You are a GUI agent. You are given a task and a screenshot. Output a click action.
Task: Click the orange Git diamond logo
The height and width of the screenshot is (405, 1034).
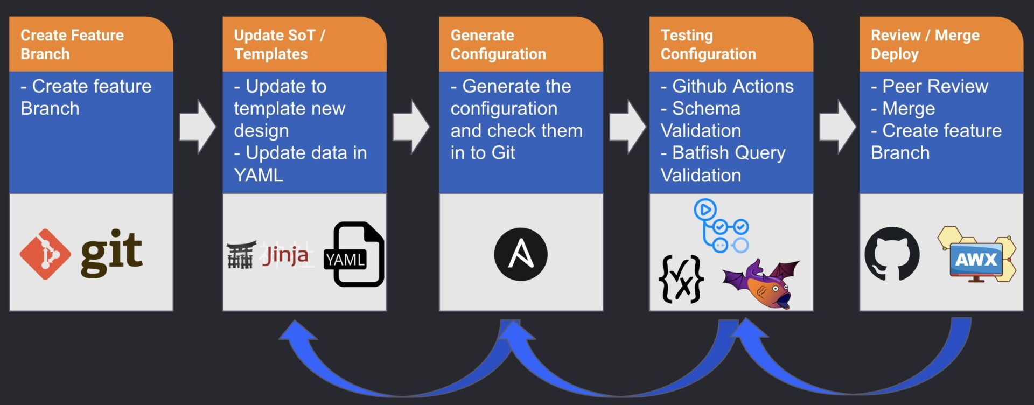[45, 254]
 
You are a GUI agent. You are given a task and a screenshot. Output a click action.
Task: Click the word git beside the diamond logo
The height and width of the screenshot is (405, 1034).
[111, 253]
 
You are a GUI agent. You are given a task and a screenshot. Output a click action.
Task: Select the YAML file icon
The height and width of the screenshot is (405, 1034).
[354, 254]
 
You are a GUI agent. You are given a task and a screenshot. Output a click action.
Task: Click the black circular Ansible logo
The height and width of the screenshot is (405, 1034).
[521, 254]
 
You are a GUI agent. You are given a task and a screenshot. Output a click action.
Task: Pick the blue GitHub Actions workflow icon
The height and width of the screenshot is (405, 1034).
[721, 226]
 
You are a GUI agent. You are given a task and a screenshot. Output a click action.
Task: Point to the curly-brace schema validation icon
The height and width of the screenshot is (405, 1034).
[681, 278]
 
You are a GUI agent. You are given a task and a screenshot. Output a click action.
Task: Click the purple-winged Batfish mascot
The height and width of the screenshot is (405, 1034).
[762, 283]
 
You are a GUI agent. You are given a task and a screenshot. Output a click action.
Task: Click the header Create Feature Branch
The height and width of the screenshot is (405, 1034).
[72, 45]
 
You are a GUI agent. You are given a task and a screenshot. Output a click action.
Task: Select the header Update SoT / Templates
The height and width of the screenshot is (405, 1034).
[280, 45]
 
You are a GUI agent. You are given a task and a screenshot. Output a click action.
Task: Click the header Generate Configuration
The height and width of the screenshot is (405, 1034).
[498, 45]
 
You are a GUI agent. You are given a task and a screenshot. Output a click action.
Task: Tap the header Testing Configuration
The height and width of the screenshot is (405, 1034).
[708, 45]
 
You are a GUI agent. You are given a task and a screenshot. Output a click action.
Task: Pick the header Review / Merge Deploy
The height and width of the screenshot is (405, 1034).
[925, 45]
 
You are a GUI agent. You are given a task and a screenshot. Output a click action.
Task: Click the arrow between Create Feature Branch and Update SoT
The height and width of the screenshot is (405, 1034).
[198, 127]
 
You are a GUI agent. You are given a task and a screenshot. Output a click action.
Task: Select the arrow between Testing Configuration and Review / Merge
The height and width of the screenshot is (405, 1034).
[837, 127]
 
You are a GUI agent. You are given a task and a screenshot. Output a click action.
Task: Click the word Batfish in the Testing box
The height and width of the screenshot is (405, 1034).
[700, 153]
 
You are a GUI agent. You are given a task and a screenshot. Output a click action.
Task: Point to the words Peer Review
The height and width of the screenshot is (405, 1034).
[935, 86]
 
